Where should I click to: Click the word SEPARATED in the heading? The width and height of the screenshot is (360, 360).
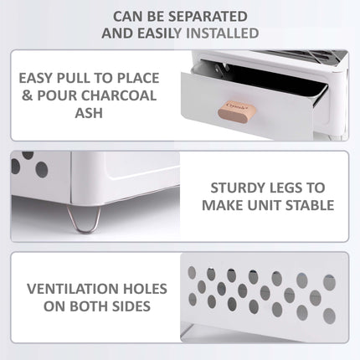[208, 17]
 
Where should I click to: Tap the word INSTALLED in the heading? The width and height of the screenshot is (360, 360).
[223, 33]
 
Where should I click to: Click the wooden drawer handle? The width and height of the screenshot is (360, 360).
[233, 111]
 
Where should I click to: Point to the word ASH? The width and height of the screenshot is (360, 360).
[89, 113]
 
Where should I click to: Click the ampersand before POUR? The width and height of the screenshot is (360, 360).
[28, 95]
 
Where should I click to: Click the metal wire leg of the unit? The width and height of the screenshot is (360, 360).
[84, 221]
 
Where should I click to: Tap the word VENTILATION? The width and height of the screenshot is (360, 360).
[73, 289]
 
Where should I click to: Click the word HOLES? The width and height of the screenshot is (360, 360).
[145, 289]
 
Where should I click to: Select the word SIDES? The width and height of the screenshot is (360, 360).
[131, 306]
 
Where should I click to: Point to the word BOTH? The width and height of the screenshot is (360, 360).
[89, 306]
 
